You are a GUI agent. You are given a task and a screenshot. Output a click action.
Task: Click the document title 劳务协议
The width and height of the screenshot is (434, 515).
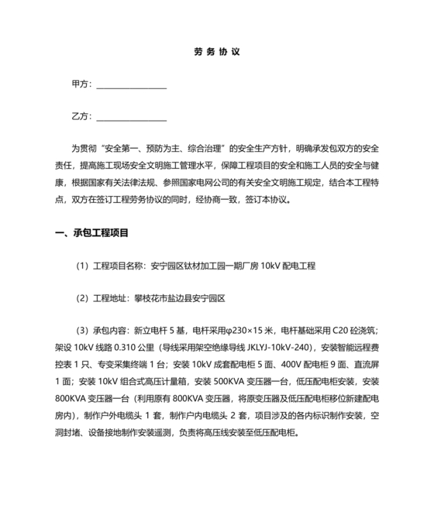pos(217,53)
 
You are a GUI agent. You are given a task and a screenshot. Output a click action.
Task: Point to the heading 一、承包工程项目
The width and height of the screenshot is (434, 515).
pos(92,233)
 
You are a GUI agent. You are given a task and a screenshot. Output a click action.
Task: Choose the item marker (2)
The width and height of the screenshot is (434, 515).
pos(82,297)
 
